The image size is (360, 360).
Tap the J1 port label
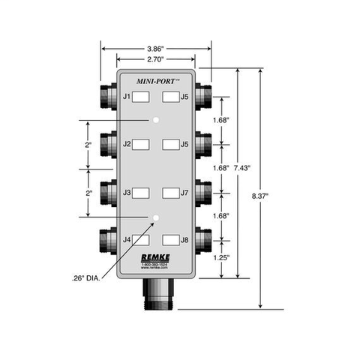point(127,97)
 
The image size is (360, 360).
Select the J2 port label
point(127,144)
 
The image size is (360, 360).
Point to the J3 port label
point(127,193)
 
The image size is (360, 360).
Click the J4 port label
point(127,240)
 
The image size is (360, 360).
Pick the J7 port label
point(184,193)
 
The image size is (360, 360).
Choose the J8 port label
point(184,240)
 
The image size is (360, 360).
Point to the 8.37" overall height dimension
point(260,196)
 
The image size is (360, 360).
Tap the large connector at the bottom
point(156,294)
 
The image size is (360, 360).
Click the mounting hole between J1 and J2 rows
point(156,120)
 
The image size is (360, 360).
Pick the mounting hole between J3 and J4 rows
point(156,217)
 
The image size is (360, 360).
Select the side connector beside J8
point(206,240)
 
